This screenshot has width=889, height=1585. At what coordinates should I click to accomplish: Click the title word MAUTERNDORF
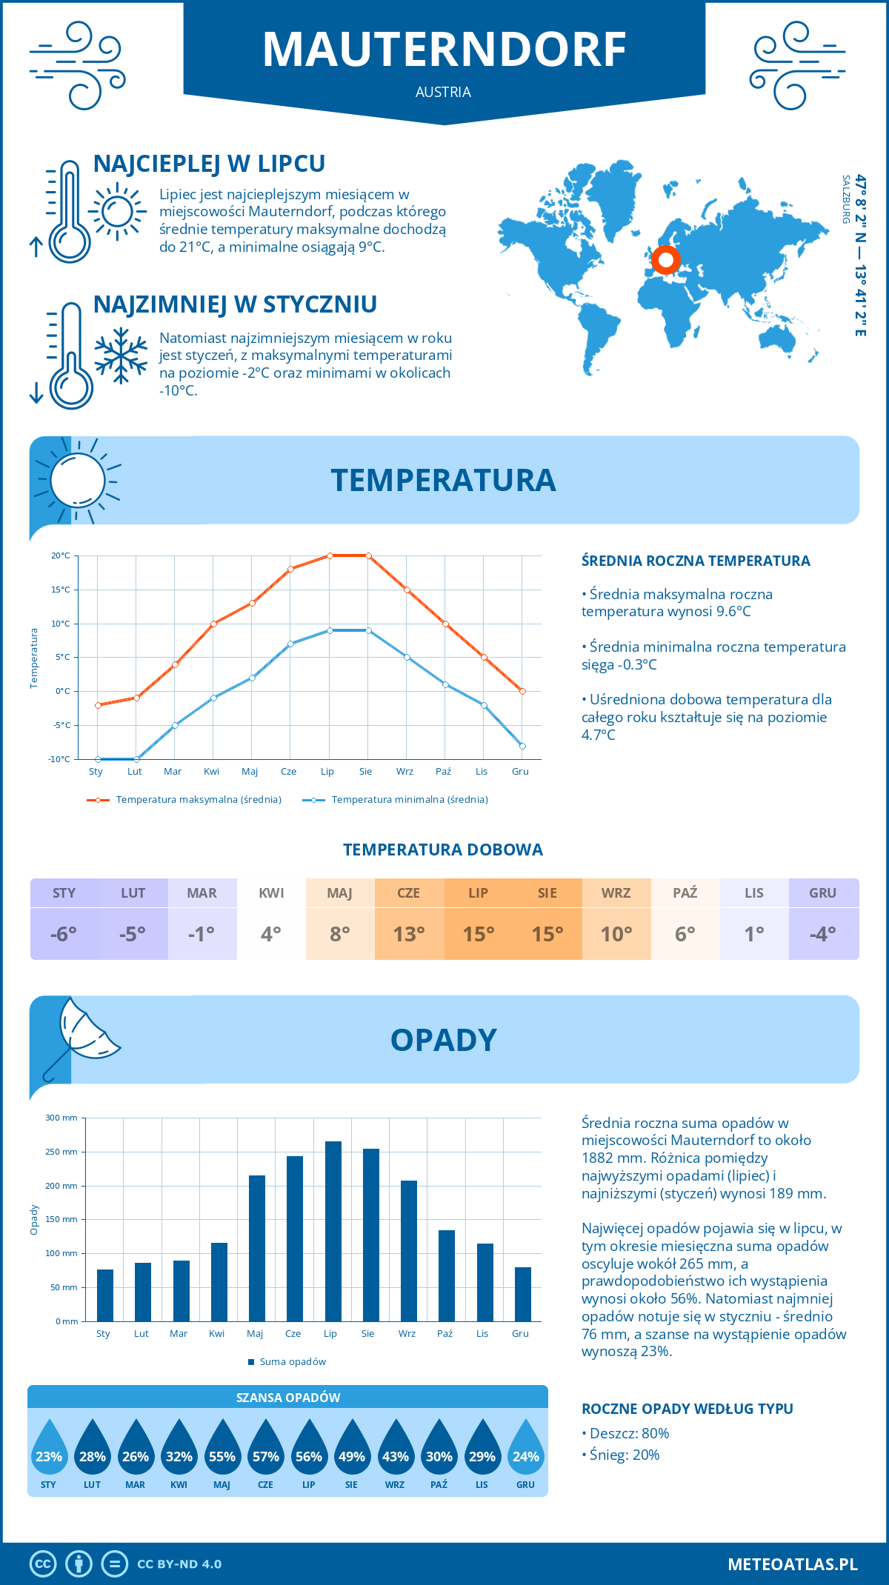[x=444, y=50]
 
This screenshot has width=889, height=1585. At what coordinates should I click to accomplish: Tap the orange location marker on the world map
[x=665, y=260]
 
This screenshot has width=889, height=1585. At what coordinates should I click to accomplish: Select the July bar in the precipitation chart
[x=333, y=1231]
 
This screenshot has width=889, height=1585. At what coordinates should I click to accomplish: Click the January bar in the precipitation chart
[x=105, y=1295]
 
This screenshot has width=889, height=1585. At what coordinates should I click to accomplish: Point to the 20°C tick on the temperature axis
[x=61, y=555]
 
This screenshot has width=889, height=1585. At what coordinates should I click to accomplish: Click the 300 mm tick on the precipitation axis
[x=62, y=1118]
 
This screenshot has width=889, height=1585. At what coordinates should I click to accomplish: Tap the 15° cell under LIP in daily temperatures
[x=479, y=934]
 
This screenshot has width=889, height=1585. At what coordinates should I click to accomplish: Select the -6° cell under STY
[x=64, y=934]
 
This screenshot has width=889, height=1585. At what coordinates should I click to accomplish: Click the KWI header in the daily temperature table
[x=271, y=893]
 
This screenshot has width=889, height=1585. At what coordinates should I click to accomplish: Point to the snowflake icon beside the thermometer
[x=121, y=356]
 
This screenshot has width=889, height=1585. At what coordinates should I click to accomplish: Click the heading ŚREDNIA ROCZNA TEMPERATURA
[x=696, y=561]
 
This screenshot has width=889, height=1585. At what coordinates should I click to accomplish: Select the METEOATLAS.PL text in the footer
[x=793, y=1564]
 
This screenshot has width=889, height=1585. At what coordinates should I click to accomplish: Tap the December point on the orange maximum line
[x=522, y=691]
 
